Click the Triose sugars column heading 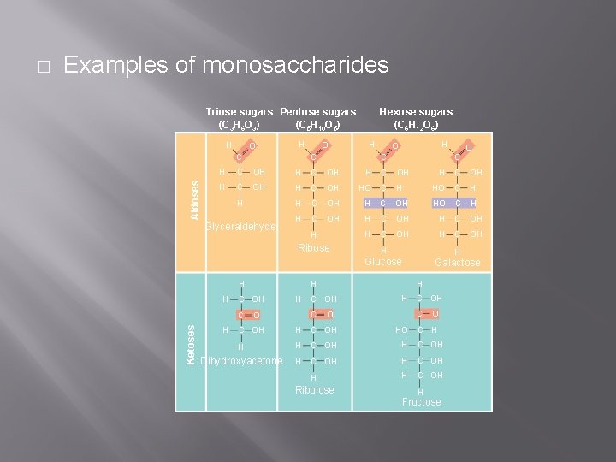tap(240, 112)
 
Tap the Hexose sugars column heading tap(416, 112)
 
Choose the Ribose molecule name tap(313, 248)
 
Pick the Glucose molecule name tap(382, 262)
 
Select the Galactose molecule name tap(458, 263)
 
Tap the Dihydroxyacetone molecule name tap(240, 361)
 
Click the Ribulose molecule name tap(314, 390)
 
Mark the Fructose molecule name tap(422, 402)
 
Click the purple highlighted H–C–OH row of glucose tap(384, 204)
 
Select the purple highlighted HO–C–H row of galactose tap(454, 204)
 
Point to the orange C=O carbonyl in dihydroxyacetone tap(248, 317)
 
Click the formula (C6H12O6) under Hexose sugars tap(416, 126)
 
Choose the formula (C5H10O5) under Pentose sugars tap(318, 126)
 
